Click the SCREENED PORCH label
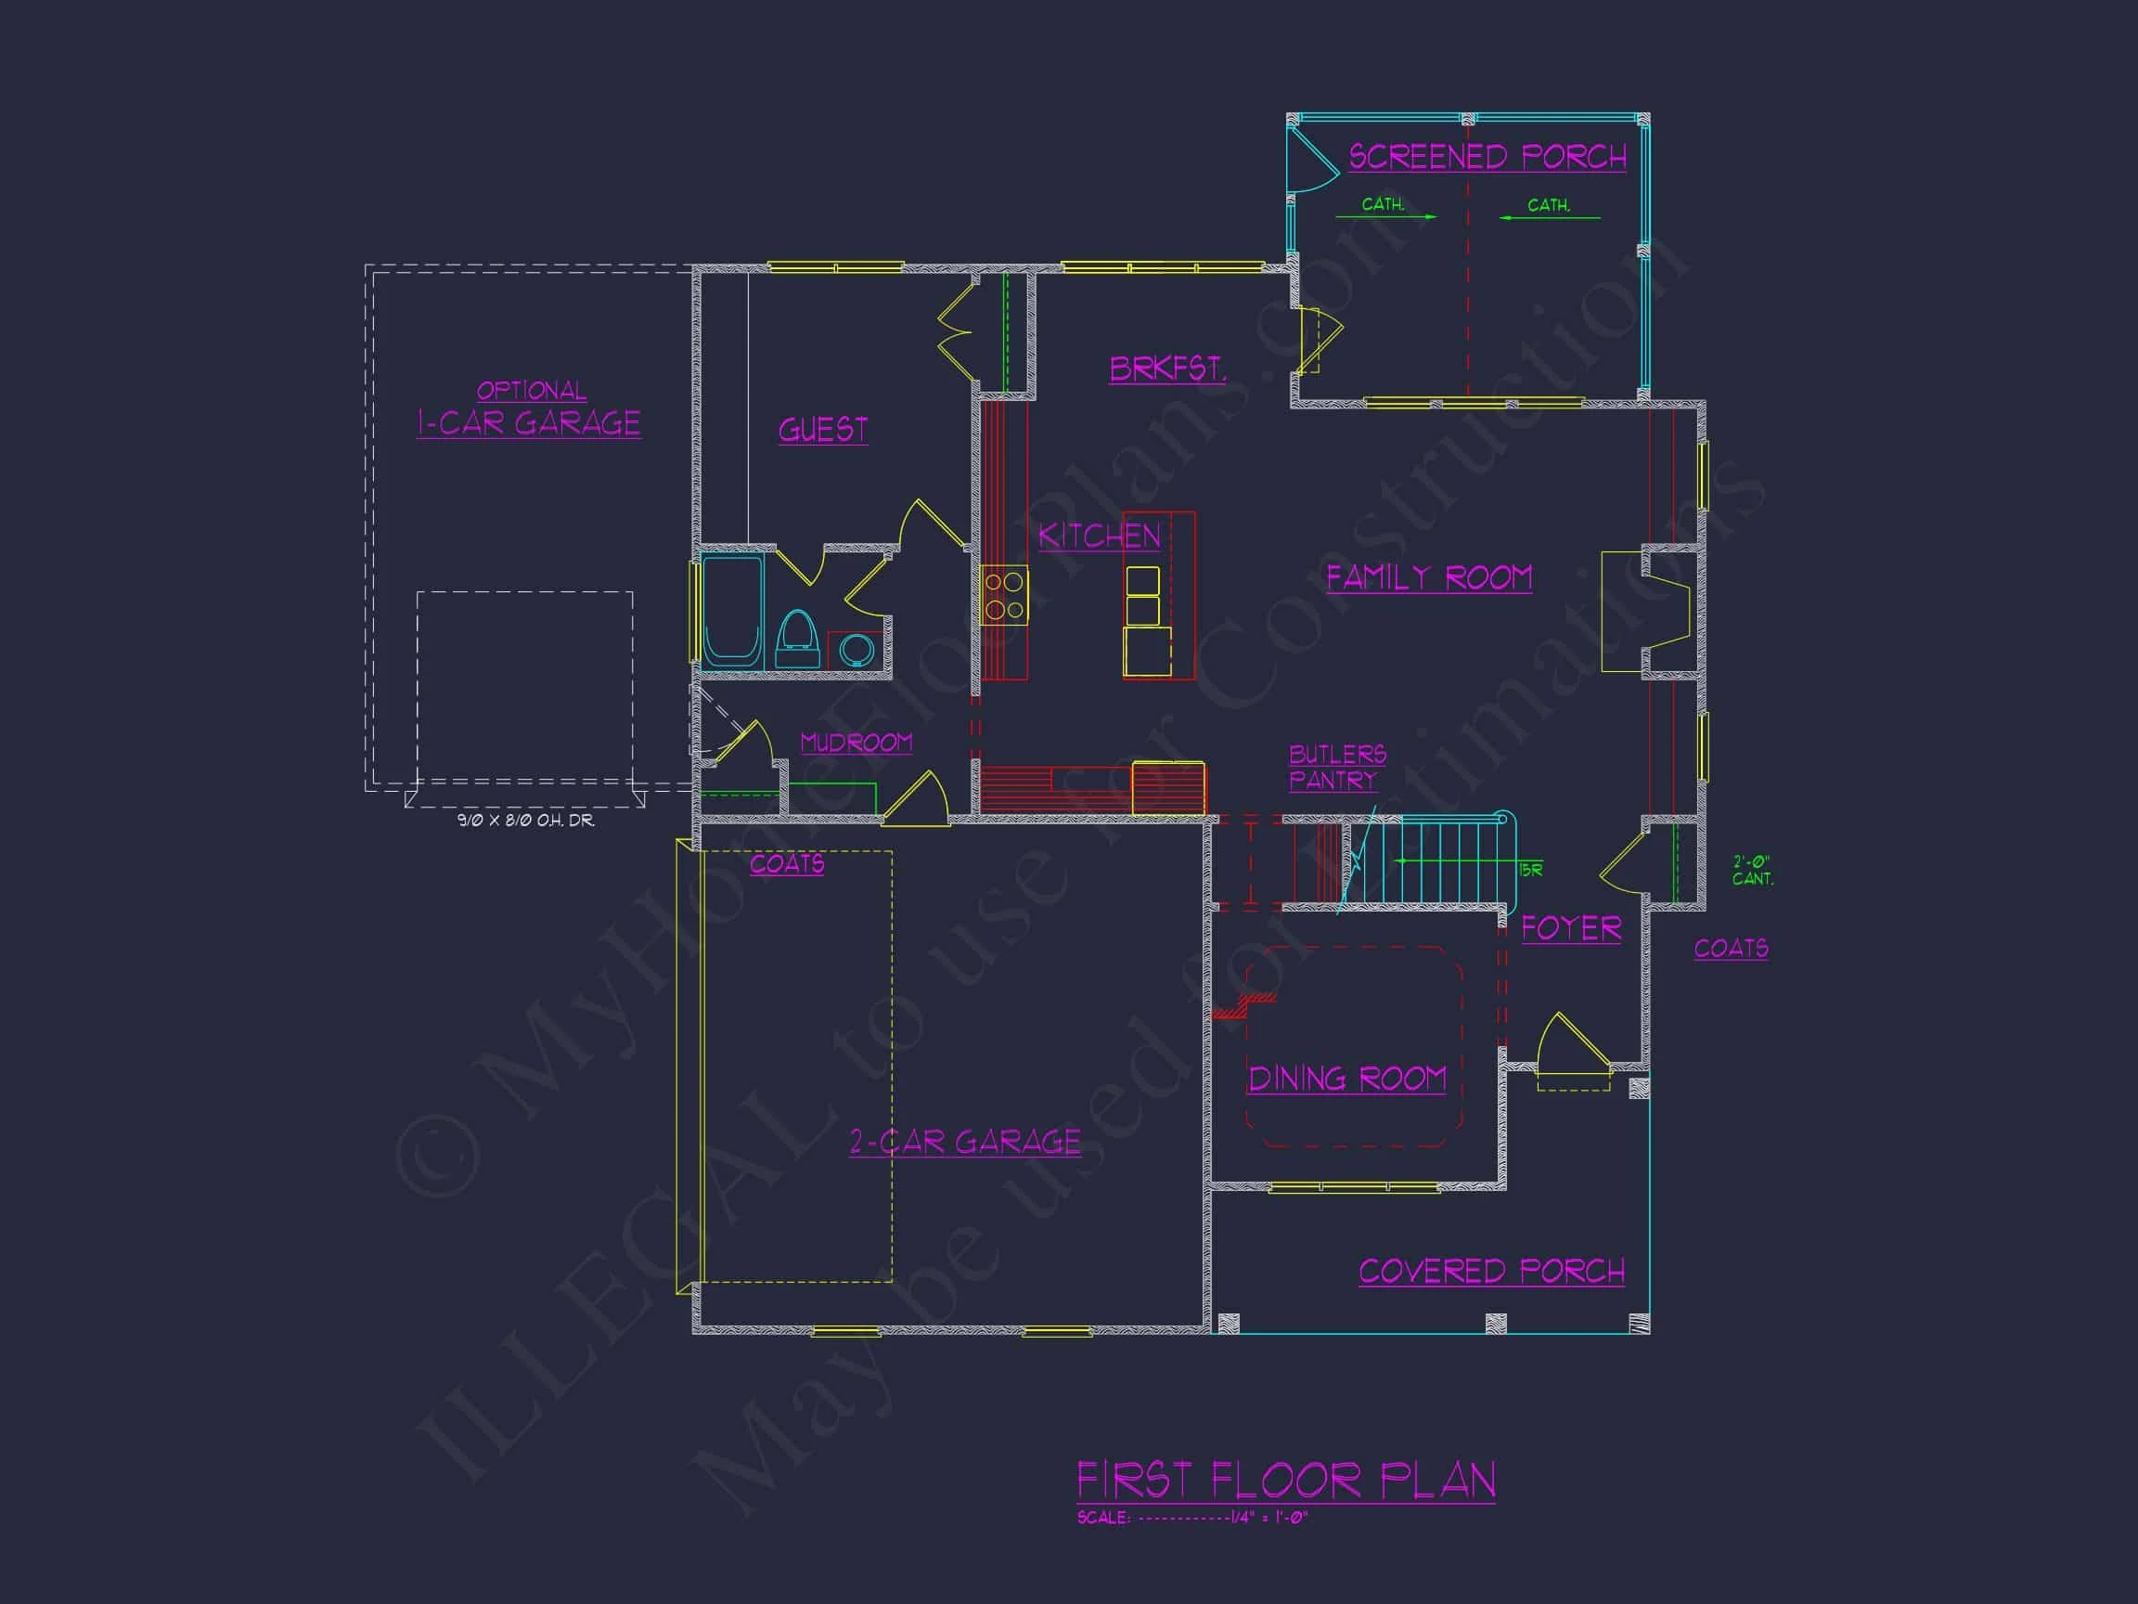tap(1487, 157)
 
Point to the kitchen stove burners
tap(1004, 596)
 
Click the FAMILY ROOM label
tap(1428, 577)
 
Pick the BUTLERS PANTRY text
tap(1337, 767)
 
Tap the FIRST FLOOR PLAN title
tap(1285, 1481)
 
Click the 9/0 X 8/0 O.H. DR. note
tap(526, 820)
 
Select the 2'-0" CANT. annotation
tap(1751, 870)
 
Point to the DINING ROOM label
tap(1347, 1078)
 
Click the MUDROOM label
tap(856, 743)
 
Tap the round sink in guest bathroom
tap(856, 650)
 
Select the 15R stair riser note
tap(1530, 870)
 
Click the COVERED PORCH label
tap(1491, 1271)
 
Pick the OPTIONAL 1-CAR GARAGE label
tap(529, 410)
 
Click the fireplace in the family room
tap(1646, 612)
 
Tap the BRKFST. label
tap(1167, 369)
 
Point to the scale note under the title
tap(1191, 1517)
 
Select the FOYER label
tap(1571, 928)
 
